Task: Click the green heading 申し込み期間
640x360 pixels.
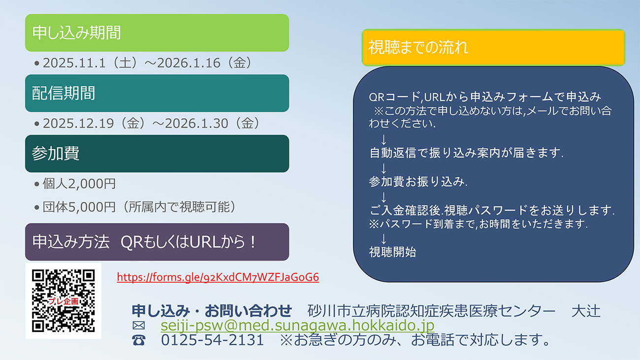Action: pyautogui.click(x=157, y=33)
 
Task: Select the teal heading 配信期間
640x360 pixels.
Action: pyautogui.click(x=157, y=93)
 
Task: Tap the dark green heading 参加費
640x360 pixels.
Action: pyautogui.click(x=157, y=154)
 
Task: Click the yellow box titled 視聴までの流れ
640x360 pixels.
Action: pyautogui.click(x=493, y=47)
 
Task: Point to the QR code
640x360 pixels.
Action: pyautogui.click(x=64, y=300)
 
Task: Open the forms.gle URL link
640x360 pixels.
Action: pyautogui.click(x=218, y=277)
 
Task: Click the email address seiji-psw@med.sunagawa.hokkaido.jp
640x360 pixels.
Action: pyautogui.click(x=297, y=326)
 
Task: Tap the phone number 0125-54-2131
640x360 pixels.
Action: pyautogui.click(x=212, y=340)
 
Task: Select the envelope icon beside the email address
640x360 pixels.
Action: pyautogui.click(x=139, y=326)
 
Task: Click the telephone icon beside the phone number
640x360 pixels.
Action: pyautogui.click(x=139, y=340)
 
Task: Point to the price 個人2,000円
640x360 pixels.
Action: pyautogui.click(x=79, y=184)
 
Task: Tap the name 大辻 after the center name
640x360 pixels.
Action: pyautogui.click(x=586, y=311)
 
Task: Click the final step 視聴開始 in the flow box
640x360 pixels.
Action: pyautogui.click(x=392, y=252)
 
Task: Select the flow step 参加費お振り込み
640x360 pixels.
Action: pyautogui.click(x=417, y=182)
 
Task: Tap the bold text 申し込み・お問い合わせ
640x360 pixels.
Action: pyautogui.click(x=212, y=311)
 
